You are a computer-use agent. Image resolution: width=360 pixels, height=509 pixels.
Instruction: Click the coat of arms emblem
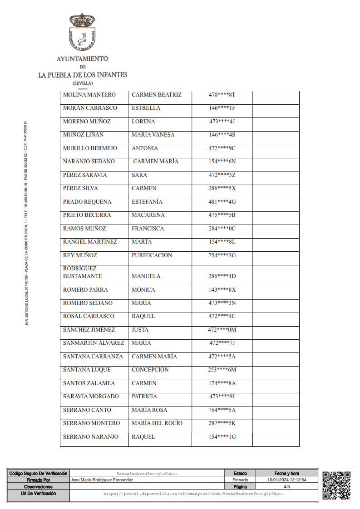[x=82, y=32]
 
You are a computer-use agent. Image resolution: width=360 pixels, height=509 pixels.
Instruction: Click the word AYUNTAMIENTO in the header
[x=82, y=59]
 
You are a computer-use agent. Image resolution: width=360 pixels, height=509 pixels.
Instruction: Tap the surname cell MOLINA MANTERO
[x=89, y=95]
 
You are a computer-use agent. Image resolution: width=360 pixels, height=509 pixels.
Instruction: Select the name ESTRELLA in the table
[x=146, y=108]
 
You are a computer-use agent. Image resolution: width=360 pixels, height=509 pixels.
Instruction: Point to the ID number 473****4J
[x=222, y=122]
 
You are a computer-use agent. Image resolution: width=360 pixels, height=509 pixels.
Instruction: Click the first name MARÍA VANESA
[x=153, y=135]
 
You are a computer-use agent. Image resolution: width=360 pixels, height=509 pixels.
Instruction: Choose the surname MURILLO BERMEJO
[x=90, y=148]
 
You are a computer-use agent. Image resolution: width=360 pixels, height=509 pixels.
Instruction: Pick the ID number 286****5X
[x=222, y=188]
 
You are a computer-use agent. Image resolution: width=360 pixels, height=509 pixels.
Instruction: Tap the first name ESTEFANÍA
[x=147, y=202]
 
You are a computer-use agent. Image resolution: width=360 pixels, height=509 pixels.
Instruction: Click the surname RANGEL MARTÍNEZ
[x=90, y=242]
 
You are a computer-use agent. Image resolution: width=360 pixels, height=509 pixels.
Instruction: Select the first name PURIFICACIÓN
[x=152, y=255]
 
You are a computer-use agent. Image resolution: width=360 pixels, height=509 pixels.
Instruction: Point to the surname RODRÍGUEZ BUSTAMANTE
[x=82, y=272]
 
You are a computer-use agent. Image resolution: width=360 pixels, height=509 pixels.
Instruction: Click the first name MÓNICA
[x=143, y=290]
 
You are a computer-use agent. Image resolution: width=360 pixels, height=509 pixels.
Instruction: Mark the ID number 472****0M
[x=222, y=330]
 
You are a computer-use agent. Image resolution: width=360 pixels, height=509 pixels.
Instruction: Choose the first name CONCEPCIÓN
[x=150, y=370]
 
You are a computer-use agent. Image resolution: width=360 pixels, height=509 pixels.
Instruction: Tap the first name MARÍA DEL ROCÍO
[x=157, y=423]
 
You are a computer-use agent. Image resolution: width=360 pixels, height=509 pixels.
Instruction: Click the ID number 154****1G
[x=222, y=437]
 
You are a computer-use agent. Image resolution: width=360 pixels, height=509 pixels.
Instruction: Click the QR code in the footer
[x=336, y=485]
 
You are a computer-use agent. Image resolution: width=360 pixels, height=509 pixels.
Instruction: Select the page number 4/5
[x=286, y=486]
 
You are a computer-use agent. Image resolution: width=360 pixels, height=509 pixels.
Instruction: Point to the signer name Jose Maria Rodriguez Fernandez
[x=102, y=480]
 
